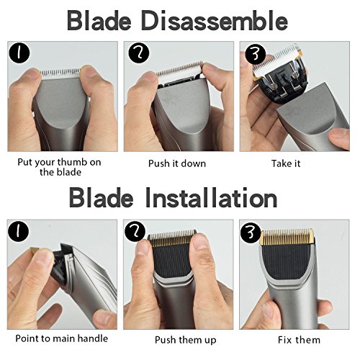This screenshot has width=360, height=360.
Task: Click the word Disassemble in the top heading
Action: click(x=215, y=21)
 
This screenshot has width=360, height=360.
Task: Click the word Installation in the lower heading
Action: click(x=212, y=199)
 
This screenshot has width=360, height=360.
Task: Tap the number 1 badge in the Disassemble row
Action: click(x=19, y=53)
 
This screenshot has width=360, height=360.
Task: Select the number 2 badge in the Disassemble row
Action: click(x=139, y=53)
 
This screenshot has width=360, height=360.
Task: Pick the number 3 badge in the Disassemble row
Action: click(x=256, y=54)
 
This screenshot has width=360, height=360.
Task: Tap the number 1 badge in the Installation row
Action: click(x=18, y=232)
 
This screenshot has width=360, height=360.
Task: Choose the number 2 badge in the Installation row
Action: click(x=135, y=232)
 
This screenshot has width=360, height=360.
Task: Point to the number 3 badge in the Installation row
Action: click(x=251, y=233)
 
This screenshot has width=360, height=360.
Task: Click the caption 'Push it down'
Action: click(x=177, y=163)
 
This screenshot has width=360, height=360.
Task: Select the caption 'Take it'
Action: click(x=286, y=163)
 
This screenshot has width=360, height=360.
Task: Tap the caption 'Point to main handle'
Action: click(x=62, y=338)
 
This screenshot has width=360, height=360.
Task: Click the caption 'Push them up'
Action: click(x=186, y=340)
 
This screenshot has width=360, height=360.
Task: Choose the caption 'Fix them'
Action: click(x=299, y=340)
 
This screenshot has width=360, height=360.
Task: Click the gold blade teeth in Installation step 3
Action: click(x=287, y=236)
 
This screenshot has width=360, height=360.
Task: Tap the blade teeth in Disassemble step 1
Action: click(x=60, y=73)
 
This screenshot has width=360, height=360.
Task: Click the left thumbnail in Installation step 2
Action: click(x=142, y=247)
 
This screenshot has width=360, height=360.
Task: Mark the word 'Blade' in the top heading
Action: click(x=99, y=21)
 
